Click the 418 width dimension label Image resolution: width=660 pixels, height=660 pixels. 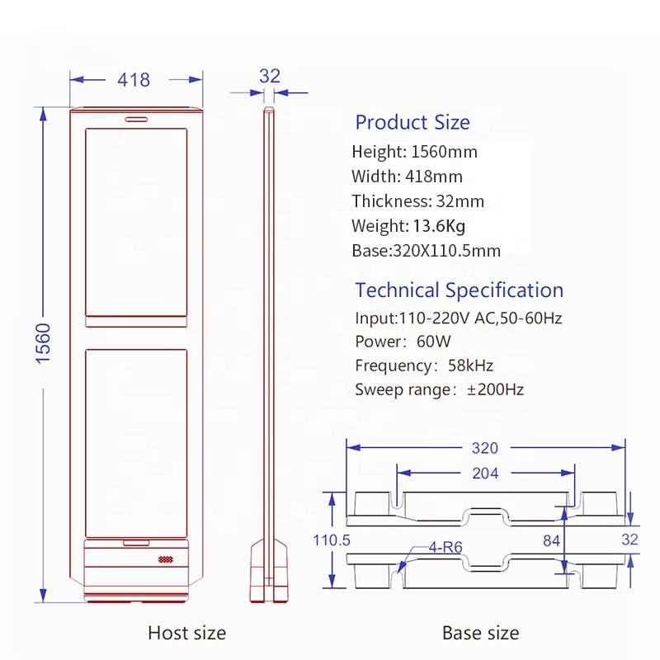pyautogui.click(x=134, y=80)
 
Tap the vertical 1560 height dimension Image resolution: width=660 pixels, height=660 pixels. pyautogui.click(x=43, y=343)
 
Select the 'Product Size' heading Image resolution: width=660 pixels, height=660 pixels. pyautogui.click(x=412, y=122)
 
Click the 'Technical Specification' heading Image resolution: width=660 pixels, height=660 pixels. pyautogui.click(x=460, y=290)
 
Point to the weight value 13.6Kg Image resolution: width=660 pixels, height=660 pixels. pyautogui.click(x=439, y=226)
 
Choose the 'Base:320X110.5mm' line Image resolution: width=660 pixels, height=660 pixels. pyautogui.click(x=426, y=251)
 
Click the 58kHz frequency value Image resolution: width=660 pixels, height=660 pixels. pyautogui.click(x=470, y=365)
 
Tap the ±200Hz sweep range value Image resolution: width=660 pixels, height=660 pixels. pyautogui.click(x=495, y=389)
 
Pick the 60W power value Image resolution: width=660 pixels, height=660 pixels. pyautogui.click(x=434, y=342)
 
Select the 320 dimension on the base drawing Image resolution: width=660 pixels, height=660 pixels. pyautogui.click(x=485, y=448)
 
